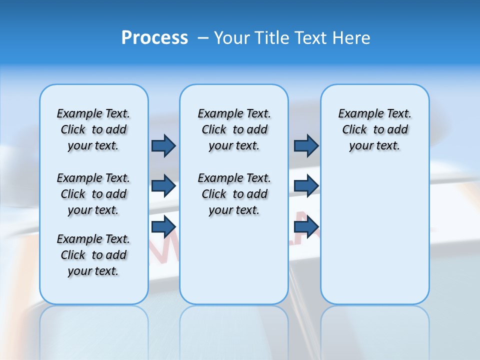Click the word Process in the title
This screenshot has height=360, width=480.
(154, 38)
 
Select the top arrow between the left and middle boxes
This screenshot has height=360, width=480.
(163, 145)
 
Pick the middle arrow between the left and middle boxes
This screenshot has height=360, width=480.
(163, 186)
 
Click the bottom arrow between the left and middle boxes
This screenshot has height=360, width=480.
(163, 226)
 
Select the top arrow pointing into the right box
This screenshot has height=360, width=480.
(306, 145)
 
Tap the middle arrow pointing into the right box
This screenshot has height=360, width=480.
(306, 186)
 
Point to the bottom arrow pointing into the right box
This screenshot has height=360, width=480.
(306, 226)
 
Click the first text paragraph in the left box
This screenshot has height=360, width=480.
(93, 129)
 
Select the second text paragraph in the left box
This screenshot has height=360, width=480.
(93, 194)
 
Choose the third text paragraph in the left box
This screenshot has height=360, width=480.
(93, 255)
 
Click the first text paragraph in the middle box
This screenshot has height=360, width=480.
(234, 129)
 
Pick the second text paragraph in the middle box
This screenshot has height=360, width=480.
(234, 194)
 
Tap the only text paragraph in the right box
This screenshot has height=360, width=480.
(375, 129)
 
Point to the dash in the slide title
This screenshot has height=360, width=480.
(203, 38)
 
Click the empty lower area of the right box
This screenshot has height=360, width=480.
(375, 240)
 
